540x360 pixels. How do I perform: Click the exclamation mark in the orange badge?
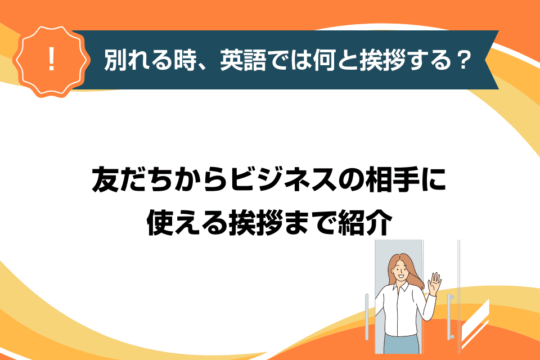[52, 59]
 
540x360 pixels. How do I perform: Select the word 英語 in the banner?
[244, 60]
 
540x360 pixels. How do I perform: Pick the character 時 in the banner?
[185, 60]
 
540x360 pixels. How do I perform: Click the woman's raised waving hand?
[434, 283]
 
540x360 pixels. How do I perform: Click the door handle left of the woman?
[367, 317]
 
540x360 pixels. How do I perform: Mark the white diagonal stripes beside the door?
[475, 324]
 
